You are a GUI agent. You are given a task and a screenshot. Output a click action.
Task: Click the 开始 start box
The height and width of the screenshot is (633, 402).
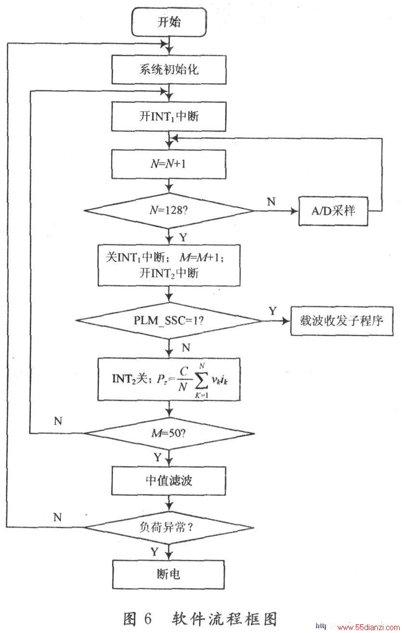(x=169, y=22)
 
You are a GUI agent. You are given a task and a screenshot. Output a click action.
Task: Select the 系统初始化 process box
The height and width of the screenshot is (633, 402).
(x=169, y=70)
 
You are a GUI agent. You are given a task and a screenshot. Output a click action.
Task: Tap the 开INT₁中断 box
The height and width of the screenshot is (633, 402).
(x=169, y=116)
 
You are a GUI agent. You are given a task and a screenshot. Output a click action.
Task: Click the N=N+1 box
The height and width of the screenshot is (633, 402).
(x=169, y=164)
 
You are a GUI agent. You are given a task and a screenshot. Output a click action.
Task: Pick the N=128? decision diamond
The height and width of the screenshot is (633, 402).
(x=169, y=211)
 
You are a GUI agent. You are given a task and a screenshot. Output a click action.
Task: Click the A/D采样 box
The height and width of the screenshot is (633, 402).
(x=333, y=211)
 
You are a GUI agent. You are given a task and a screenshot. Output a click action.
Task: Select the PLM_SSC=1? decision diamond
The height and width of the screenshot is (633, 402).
(x=169, y=320)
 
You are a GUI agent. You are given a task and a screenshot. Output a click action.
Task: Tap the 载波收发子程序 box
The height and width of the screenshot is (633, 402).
(x=342, y=321)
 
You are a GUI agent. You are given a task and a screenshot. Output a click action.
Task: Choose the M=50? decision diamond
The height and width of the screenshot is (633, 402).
(x=169, y=433)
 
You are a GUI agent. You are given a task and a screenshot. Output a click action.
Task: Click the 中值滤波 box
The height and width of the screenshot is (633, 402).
(x=169, y=481)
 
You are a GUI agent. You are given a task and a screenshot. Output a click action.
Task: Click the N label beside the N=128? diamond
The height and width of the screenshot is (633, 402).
(x=271, y=202)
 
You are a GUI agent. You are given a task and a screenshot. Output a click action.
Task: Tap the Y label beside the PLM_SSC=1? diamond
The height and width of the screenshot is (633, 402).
(x=273, y=311)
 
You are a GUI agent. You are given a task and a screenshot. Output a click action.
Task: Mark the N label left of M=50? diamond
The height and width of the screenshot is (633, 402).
(x=58, y=421)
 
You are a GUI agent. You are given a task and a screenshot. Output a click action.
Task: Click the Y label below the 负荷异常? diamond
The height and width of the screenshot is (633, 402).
(x=154, y=551)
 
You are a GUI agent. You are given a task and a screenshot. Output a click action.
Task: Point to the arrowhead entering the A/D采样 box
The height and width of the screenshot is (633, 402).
(x=295, y=211)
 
